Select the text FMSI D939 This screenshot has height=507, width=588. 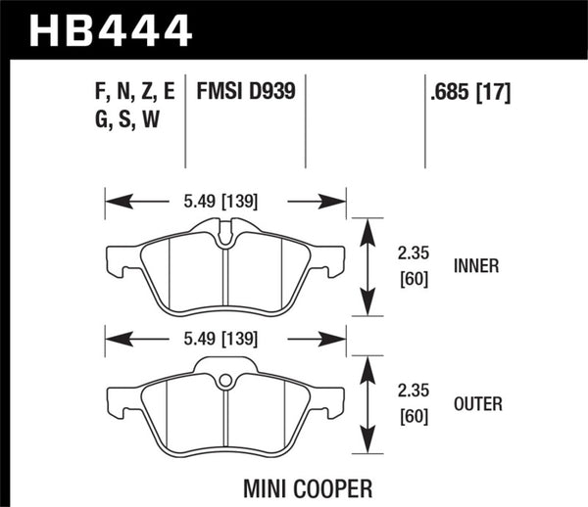point(247,95)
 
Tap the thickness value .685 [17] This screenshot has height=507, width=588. point(467,95)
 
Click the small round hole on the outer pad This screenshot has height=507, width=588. point(225,380)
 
